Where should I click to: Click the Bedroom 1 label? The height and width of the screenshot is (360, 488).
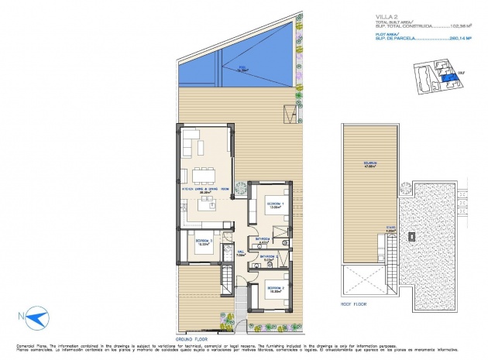277,205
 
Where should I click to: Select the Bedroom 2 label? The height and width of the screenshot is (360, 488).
275,288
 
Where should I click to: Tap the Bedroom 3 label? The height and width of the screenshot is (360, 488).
204,242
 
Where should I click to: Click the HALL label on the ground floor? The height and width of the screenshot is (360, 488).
241,251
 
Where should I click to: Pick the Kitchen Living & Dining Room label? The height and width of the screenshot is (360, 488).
204,189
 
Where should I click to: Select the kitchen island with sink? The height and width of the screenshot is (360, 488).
207,204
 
